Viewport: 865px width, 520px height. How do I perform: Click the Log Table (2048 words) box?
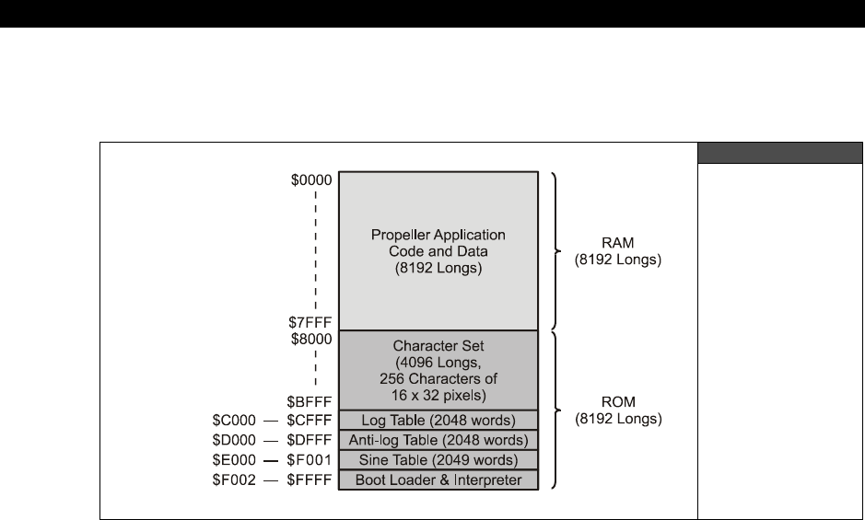[438, 420]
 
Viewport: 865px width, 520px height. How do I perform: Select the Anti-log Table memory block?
[438, 440]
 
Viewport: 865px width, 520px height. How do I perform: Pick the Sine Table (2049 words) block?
[438, 460]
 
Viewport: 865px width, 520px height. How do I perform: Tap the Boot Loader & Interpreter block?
[438, 480]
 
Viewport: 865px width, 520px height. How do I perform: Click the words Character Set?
[438, 346]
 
